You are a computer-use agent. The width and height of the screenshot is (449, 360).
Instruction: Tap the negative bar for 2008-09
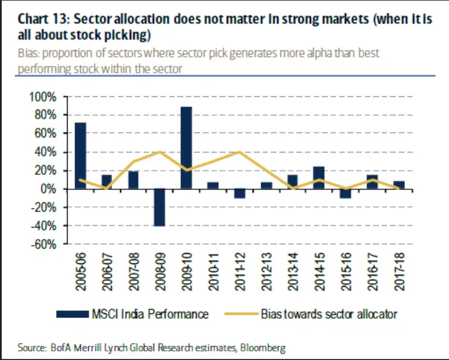click(159, 208)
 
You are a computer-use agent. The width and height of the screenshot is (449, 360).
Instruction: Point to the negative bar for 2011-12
click(239, 194)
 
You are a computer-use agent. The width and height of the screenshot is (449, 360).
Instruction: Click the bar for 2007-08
click(133, 180)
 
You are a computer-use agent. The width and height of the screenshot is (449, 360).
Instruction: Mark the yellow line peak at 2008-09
click(160, 152)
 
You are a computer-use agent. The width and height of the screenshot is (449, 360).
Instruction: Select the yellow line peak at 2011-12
click(239, 152)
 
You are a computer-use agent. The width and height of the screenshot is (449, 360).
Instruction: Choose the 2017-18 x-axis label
click(398, 272)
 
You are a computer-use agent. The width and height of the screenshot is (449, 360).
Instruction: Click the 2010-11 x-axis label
click(213, 272)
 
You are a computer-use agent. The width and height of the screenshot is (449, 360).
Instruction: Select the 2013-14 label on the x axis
click(292, 272)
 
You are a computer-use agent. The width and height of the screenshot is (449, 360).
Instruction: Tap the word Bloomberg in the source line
click(263, 348)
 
